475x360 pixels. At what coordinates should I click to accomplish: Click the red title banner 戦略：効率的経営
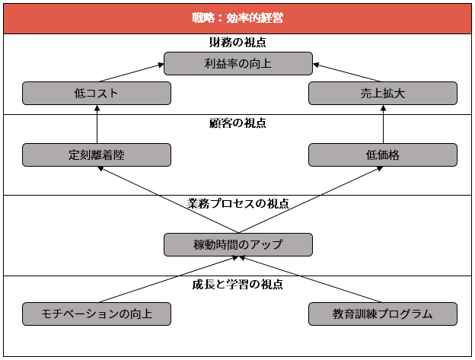(237, 18)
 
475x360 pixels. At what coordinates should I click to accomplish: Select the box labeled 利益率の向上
(238, 64)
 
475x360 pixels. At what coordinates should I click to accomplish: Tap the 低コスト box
(97, 94)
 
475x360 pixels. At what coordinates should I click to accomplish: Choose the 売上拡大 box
(383, 94)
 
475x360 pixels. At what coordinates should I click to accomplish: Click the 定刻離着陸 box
(97, 155)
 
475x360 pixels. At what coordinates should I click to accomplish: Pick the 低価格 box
(383, 155)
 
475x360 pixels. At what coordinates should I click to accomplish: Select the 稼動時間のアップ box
(238, 244)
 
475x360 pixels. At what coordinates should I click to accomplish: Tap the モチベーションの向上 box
(97, 314)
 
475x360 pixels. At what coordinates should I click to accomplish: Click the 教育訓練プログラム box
(383, 314)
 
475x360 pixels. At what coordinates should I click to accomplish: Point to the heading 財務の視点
(237, 43)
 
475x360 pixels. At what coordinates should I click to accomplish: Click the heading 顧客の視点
(237, 123)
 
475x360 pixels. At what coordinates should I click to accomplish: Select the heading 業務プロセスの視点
(237, 204)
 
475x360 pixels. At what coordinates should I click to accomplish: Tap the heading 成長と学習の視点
(237, 285)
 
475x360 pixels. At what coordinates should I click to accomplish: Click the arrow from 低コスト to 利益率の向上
(131, 72)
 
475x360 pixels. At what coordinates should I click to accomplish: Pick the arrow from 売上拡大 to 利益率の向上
(348, 72)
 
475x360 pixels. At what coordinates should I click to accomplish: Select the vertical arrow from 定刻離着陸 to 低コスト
(97, 124)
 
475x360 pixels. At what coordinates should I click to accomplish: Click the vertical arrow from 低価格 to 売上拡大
(383, 124)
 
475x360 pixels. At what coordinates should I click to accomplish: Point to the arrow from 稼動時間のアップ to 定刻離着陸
(167, 200)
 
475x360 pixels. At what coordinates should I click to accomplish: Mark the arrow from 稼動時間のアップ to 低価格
(311, 200)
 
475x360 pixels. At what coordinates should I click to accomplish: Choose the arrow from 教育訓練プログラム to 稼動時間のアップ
(311, 279)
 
